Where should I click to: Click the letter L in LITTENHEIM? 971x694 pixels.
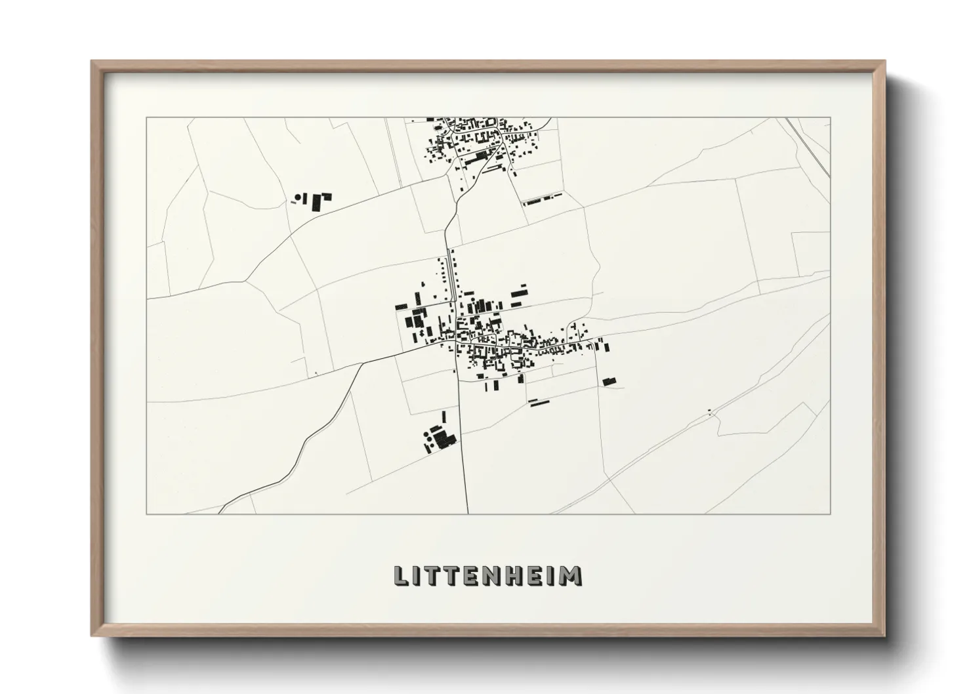click(400, 575)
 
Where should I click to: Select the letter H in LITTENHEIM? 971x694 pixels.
click(519, 575)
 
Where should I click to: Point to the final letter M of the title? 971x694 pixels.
click(571, 575)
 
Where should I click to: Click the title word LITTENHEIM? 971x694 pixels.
click(486, 575)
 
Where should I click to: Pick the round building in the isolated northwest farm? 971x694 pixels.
click(303, 195)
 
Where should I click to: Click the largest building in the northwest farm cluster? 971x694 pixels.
click(318, 202)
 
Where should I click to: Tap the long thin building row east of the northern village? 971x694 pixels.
click(542, 199)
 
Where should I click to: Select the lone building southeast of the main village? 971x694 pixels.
click(609, 381)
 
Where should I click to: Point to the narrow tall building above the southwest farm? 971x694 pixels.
click(444, 417)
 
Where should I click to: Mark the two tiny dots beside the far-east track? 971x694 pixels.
click(710, 412)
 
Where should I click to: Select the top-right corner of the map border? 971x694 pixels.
click(831, 117)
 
